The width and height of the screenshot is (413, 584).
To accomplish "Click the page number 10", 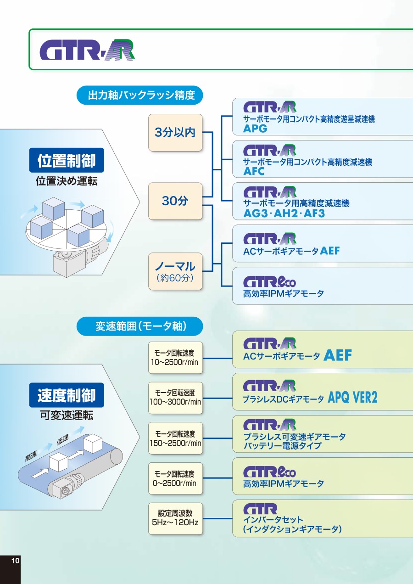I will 15,561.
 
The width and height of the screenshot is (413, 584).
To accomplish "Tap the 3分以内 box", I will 175,133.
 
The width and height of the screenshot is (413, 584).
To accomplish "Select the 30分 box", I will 175,201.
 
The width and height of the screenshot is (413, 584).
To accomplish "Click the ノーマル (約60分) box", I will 175,271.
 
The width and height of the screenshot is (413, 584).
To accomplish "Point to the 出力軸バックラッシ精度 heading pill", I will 140,95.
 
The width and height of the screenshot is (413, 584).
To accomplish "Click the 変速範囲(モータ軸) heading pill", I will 140,326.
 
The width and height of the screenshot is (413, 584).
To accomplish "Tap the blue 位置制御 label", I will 67,161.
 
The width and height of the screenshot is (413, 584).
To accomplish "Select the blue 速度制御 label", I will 67,395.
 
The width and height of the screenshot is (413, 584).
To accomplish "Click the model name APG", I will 255,129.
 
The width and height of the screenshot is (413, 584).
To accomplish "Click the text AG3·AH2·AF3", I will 284,213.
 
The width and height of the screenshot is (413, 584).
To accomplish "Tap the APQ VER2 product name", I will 353,398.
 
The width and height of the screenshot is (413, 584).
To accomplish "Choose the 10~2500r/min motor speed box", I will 175,357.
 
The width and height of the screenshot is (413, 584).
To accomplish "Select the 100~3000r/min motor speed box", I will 175,398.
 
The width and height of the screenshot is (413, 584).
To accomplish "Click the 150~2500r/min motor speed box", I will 175,438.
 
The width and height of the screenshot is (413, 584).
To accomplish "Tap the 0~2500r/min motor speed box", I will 175,478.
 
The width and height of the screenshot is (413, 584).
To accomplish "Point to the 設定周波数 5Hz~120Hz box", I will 175,518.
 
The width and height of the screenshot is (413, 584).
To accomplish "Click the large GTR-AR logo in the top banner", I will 87,50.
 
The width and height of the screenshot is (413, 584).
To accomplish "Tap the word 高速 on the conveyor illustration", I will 32,456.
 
